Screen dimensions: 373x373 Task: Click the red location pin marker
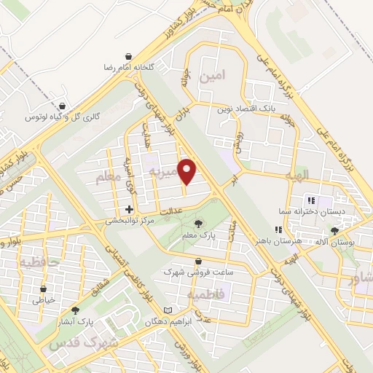pos(188,170)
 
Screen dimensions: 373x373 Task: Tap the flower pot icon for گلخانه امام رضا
pos(129,56)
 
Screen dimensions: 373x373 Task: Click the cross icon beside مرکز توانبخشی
pos(129,209)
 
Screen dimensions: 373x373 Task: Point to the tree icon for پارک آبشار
pos(75,310)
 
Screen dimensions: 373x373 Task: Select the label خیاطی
pos(39,299)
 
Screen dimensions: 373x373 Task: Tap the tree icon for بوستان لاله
pos(334,230)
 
